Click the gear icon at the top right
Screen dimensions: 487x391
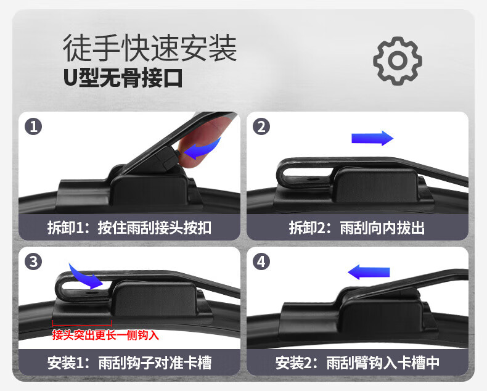398,61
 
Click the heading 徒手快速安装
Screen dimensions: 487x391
150,48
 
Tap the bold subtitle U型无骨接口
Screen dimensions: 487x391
123,78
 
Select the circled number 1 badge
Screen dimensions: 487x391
33,126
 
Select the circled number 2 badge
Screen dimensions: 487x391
261,126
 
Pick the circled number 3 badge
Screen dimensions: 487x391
33,261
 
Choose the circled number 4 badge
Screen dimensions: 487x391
261,261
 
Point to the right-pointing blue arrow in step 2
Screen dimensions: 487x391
372,138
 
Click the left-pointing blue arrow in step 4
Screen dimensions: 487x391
369,272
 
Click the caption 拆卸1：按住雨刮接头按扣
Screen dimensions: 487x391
129,228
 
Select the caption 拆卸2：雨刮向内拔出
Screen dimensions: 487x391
357,228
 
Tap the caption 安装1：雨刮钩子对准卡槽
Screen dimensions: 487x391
129,363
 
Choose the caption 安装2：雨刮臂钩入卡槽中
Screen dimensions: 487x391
358,363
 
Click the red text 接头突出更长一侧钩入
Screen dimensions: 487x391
105,335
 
